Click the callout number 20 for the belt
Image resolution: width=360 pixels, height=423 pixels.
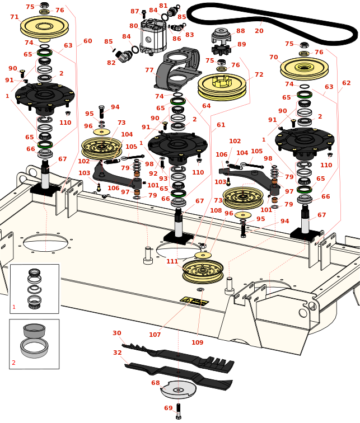(x=259, y=31)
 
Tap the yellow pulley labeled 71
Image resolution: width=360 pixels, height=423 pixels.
(x=44, y=26)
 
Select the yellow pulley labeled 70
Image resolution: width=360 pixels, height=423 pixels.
(x=304, y=68)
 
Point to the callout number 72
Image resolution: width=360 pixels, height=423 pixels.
(x=259, y=74)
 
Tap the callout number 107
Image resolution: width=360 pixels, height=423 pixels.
(x=155, y=335)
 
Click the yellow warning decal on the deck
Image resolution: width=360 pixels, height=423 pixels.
(x=194, y=302)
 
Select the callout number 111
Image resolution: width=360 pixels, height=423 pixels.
(x=172, y=261)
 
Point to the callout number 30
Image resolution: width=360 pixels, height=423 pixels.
(x=116, y=333)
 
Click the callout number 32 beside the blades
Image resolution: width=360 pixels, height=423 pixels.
(x=117, y=352)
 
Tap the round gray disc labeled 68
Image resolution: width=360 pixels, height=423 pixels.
(x=179, y=389)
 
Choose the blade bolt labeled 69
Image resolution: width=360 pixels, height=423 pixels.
(x=178, y=411)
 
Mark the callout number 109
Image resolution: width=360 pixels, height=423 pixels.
(x=197, y=342)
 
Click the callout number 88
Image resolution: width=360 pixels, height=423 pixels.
(x=240, y=31)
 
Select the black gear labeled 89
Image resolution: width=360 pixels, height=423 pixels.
(x=221, y=49)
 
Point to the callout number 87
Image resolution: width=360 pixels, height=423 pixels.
(x=134, y=11)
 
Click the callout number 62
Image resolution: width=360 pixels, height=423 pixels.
(x=346, y=83)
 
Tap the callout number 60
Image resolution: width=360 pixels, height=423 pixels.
(x=87, y=41)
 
